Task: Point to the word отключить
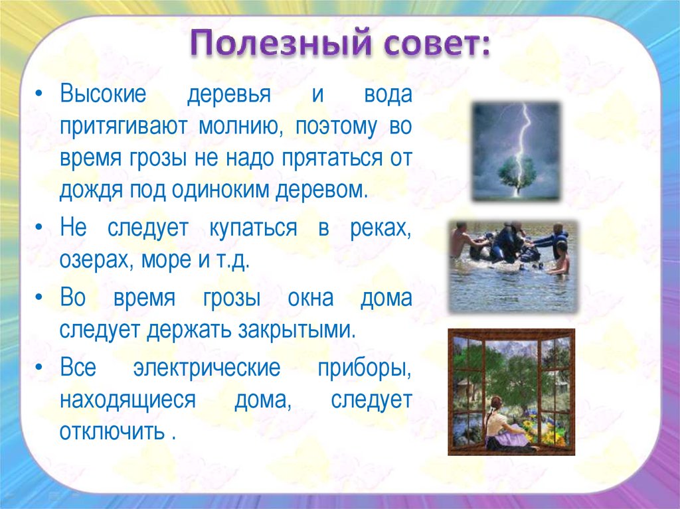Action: (112, 433)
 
